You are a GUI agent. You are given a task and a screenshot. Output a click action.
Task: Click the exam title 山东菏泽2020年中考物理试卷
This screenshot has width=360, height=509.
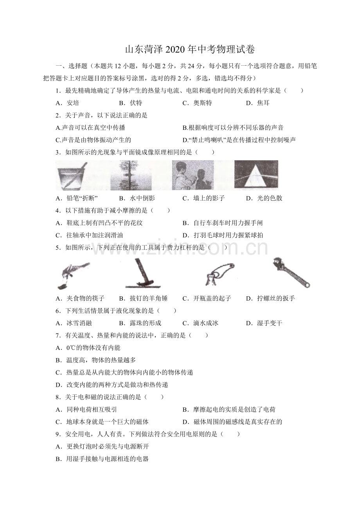pyautogui.click(x=189, y=50)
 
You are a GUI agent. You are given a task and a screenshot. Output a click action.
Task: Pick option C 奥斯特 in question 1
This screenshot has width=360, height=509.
pyautogui.click(x=197, y=103)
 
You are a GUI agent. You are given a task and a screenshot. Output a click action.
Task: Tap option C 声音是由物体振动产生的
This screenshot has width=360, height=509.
pyautogui.click(x=94, y=140)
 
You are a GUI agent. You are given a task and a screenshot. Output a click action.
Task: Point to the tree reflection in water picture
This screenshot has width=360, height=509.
pyautogui.click(x=131, y=175)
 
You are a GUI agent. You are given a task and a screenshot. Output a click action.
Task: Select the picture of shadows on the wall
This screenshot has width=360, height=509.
pyautogui.click(x=193, y=175)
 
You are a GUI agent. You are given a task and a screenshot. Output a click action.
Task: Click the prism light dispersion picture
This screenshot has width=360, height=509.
pyautogui.click(x=256, y=175)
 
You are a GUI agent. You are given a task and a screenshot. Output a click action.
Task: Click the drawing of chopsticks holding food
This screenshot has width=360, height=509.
pyautogui.click(x=73, y=275)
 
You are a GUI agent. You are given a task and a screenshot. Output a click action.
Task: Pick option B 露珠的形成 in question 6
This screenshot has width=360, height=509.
pyautogui.click(x=140, y=323)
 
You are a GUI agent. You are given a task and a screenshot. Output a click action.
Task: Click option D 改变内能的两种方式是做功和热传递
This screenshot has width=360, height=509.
pyautogui.click(x=112, y=385)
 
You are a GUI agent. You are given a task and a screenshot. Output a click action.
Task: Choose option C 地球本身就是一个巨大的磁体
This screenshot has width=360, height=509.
pyautogui.click(x=102, y=421)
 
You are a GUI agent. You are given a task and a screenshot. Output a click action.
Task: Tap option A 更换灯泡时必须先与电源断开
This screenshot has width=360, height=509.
pyautogui.click(x=102, y=446)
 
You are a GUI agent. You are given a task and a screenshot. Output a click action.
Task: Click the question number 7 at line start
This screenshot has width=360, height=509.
pyautogui.click(x=58, y=335)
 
